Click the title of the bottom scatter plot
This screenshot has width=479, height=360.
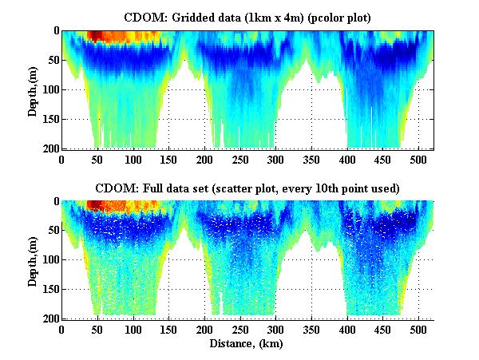247,188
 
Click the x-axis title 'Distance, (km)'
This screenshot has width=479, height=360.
247,345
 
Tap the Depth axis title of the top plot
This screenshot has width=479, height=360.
33,89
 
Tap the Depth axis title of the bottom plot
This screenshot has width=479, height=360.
33,259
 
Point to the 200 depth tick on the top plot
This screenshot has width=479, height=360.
51,148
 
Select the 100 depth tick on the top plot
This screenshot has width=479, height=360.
51,89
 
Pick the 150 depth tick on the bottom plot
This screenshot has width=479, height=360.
51,290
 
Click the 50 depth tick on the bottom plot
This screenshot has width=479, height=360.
53,231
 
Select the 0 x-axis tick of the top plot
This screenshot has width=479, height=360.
62,159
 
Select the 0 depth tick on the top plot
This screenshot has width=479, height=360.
56,31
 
